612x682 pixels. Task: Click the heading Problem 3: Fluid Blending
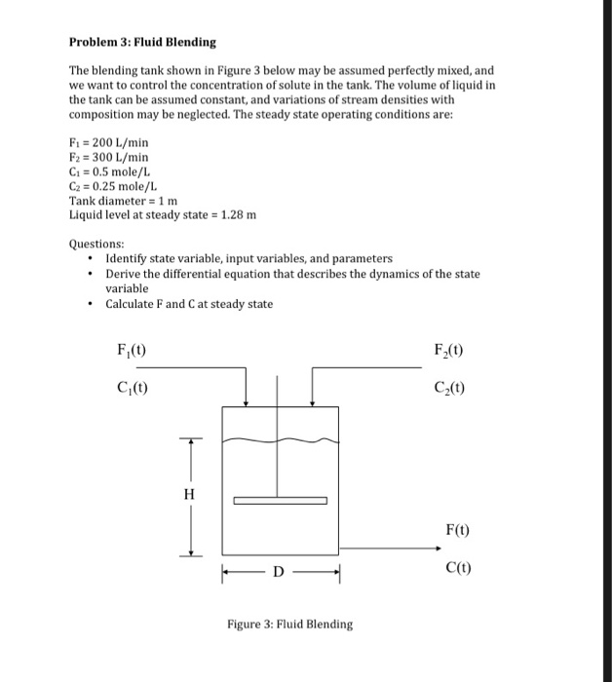(142, 43)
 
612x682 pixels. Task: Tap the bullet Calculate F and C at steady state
(189, 304)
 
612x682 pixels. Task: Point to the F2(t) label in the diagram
(449, 350)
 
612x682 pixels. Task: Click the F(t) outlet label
(456, 531)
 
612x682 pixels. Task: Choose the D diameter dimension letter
(278, 572)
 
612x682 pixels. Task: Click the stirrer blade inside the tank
(280, 501)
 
